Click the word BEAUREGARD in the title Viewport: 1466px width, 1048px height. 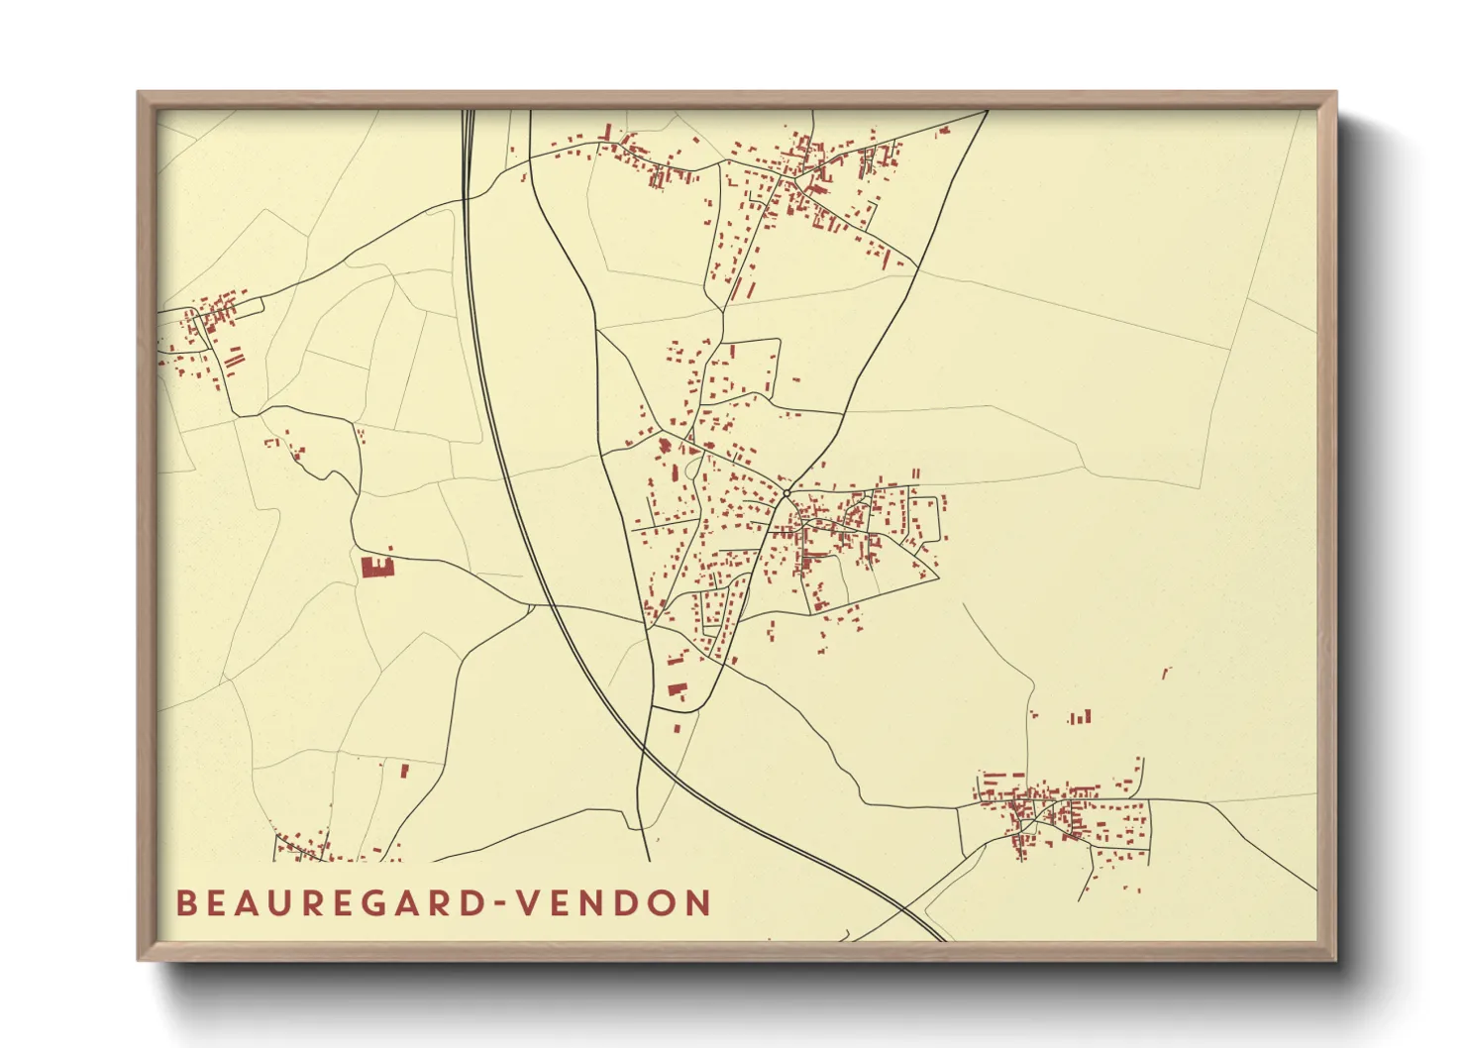[x=333, y=902]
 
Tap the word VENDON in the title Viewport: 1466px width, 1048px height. [x=615, y=902]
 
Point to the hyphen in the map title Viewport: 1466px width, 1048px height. [x=503, y=903]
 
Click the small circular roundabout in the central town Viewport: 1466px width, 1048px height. [x=786, y=492]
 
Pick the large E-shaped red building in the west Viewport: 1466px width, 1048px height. [x=376, y=567]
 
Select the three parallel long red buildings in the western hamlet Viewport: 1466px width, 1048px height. [x=233, y=358]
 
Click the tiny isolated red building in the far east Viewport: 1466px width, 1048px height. [x=1166, y=674]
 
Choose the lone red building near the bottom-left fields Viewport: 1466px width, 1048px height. [x=404, y=770]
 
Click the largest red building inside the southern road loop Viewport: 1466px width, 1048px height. [x=678, y=689]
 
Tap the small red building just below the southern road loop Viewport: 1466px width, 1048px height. [x=677, y=729]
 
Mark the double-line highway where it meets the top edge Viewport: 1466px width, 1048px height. [x=468, y=113]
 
